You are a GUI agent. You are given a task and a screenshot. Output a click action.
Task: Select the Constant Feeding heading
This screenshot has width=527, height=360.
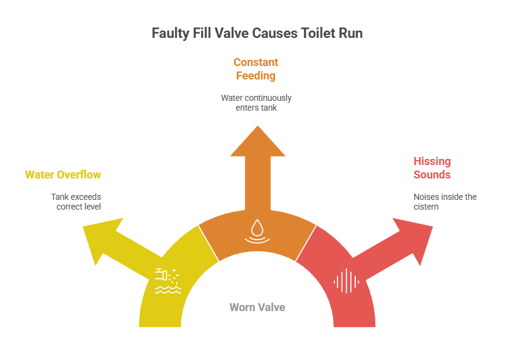256,69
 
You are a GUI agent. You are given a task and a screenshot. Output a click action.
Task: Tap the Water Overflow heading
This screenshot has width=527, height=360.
63,175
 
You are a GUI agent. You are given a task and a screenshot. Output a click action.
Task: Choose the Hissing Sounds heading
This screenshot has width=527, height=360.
432,168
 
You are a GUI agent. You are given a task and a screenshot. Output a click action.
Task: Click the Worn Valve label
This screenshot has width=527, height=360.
257,307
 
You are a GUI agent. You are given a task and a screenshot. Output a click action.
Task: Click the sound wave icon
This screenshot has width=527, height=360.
347,281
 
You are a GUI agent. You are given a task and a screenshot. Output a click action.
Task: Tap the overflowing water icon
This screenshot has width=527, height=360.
168,281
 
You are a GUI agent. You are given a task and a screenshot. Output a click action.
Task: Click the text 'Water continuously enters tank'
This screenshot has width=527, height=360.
256,103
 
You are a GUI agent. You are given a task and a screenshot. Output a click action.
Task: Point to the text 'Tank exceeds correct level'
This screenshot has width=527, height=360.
76,202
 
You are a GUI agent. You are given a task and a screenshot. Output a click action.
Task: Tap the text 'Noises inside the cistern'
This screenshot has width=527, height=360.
445,202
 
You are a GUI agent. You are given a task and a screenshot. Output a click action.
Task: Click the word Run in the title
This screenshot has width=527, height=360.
352,34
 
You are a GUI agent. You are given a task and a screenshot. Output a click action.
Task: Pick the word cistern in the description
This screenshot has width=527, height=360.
427,207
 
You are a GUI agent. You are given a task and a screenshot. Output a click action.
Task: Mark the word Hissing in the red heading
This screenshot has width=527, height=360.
432,161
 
